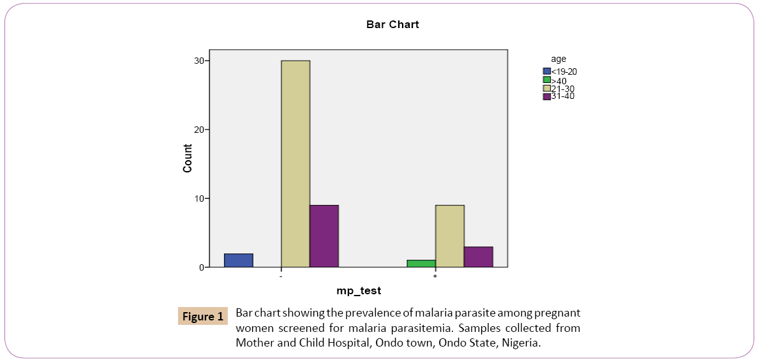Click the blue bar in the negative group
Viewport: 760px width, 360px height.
coord(239,260)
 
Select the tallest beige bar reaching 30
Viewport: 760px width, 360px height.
coord(295,163)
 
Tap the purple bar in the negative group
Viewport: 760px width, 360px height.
coord(324,236)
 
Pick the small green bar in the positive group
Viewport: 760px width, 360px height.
coord(421,264)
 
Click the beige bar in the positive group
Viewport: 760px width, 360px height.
coord(449,236)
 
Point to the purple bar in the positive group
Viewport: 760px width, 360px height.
coord(478,257)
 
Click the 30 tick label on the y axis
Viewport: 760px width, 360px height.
coord(200,61)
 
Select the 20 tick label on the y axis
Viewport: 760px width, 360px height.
coord(200,130)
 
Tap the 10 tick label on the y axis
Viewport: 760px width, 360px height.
coord(200,199)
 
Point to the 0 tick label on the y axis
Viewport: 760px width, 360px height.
coord(202,267)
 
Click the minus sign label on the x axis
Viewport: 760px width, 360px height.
coord(281,276)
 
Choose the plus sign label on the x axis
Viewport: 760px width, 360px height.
coord(435,276)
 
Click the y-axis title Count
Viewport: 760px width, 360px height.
coord(188,158)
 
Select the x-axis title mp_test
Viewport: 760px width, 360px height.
coord(359,291)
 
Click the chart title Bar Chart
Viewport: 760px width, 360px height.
coord(392,25)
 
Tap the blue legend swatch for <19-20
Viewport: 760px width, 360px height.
coord(546,71)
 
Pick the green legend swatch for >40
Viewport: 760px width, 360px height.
coord(546,80)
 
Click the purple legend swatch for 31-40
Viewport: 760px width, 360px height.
coord(546,96)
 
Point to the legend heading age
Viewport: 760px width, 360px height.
coord(558,59)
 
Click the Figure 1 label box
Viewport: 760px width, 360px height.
coord(203,316)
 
